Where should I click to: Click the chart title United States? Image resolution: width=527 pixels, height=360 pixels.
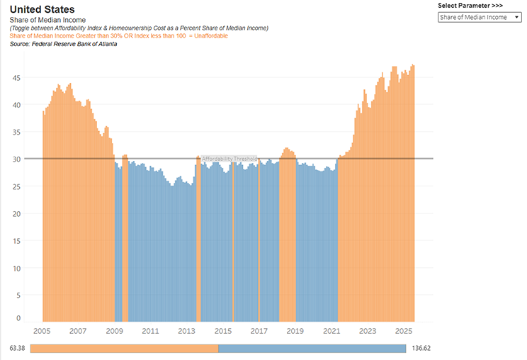tap(42, 9)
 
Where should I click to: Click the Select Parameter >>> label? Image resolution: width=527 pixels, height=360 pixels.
tap(470, 6)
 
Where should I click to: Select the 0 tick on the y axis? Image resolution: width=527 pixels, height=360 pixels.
tap(18, 318)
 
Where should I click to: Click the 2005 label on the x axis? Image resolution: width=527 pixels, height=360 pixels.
tap(42, 331)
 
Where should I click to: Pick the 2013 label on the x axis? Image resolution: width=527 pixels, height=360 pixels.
tap(186, 331)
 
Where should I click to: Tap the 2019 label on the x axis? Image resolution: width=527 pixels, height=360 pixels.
tap(295, 331)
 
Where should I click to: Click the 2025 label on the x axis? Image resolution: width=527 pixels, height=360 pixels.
tap(404, 331)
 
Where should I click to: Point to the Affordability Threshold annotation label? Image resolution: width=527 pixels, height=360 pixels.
tap(229, 159)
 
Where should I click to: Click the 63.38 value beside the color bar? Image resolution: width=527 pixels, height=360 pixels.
tap(18, 349)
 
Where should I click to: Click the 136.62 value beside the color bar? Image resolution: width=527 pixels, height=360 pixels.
tap(421, 349)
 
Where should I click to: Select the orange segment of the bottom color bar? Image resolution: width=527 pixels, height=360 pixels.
tap(124, 349)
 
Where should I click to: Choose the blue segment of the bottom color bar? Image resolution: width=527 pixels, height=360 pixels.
tap(312, 349)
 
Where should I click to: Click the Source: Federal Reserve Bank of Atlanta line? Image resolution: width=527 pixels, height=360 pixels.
tap(64, 44)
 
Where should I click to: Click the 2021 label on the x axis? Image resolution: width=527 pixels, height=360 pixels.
tap(331, 331)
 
